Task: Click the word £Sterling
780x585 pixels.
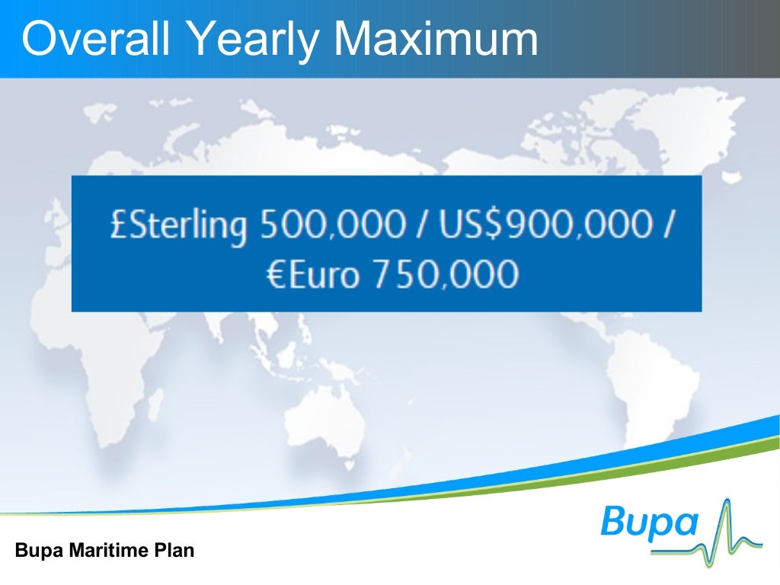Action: (178, 225)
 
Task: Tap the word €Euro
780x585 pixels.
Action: (312, 274)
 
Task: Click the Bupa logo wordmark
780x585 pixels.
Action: (650, 523)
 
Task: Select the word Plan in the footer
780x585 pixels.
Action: (176, 550)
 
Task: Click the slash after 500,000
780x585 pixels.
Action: (418, 225)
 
